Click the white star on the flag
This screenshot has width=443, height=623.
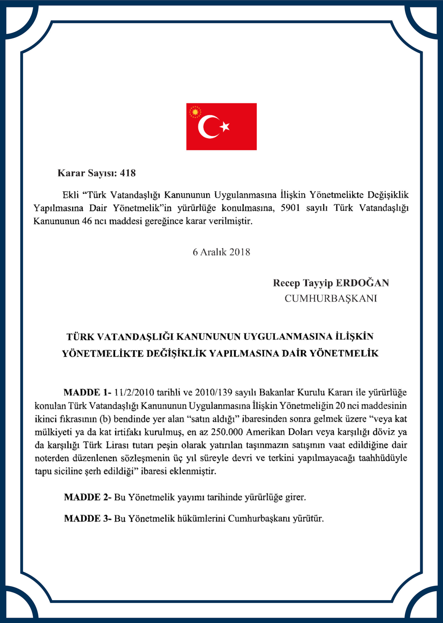click(225, 127)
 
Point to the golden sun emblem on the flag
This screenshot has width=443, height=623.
click(195, 112)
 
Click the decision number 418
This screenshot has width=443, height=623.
click(128, 173)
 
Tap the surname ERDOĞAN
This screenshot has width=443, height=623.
click(362, 283)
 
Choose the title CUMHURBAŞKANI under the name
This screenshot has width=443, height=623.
click(331, 299)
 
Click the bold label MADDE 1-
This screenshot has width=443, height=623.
click(87, 392)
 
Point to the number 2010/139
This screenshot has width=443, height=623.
click(213, 392)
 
